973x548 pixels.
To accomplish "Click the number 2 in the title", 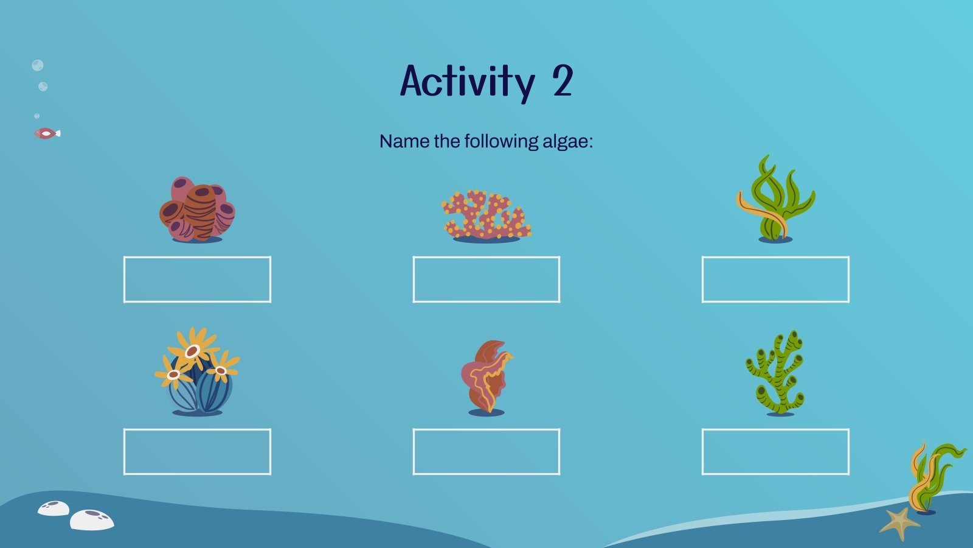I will [x=563, y=82].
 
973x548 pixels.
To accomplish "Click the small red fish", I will [x=46, y=133].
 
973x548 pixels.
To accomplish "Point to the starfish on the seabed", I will [x=899, y=522].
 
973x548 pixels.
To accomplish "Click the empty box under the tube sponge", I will [x=197, y=279].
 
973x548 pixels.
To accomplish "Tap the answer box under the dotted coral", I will [x=486, y=279].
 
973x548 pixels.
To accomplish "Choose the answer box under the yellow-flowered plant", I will [x=197, y=452].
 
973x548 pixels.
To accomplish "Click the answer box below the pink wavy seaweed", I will [x=486, y=452].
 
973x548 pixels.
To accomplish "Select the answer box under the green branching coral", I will [x=775, y=452].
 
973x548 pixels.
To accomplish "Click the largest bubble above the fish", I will [x=37, y=66].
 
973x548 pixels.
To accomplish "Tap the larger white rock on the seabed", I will [x=92, y=519].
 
